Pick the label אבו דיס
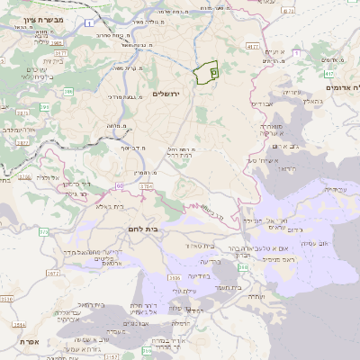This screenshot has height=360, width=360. click(x=261, y=104)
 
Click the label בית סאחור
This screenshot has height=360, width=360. click(x=201, y=246)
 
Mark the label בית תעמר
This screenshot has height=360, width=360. click(x=232, y=287)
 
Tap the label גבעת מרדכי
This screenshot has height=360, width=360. click(x=122, y=96)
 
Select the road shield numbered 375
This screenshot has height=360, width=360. click(x=43, y=232)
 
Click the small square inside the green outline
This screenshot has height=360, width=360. click(x=213, y=69)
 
